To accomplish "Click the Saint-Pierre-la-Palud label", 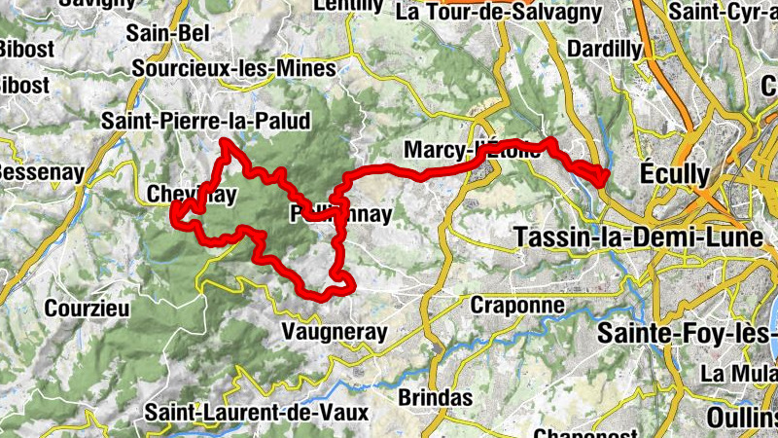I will (x=206, y=122).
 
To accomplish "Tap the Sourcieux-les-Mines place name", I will (x=233, y=69).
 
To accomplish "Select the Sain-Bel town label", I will (x=167, y=34).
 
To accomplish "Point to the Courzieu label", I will (x=83, y=308).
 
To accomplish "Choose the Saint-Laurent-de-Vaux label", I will (x=257, y=412).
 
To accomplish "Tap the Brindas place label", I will (x=435, y=398).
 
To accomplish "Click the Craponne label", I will (x=516, y=305).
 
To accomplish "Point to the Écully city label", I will (x=675, y=173).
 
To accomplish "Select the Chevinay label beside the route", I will (x=192, y=195).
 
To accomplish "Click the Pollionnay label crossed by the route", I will (x=340, y=214).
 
